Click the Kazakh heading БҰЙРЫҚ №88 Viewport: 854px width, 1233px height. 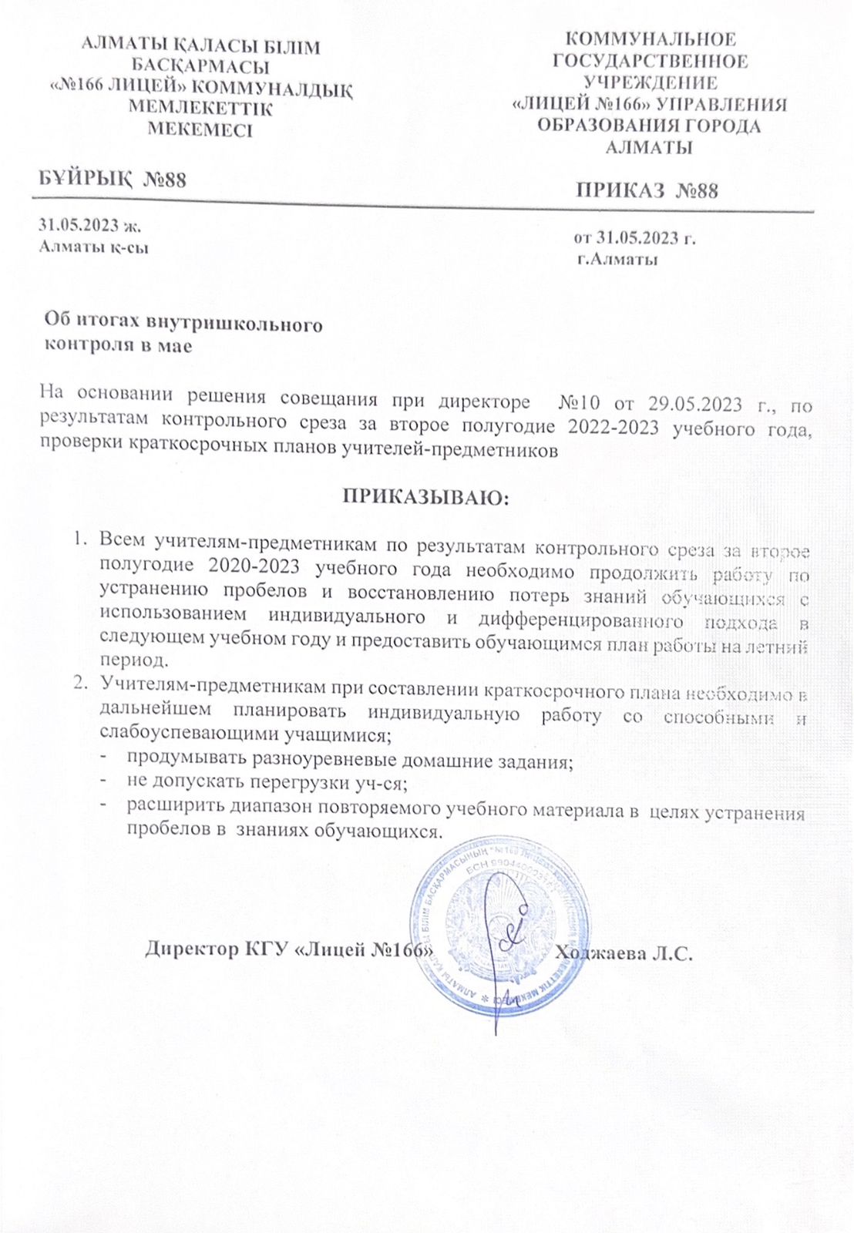[113, 180]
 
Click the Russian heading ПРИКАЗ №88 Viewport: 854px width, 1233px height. [647, 190]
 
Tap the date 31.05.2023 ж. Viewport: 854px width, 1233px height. [91, 227]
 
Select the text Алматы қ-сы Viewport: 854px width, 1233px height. [93, 247]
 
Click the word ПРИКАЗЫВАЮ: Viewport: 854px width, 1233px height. [426, 495]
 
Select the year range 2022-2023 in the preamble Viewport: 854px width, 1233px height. [612, 428]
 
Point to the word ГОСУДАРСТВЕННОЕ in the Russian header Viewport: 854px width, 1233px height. [651, 61]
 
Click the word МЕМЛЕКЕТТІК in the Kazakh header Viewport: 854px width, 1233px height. [200, 109]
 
